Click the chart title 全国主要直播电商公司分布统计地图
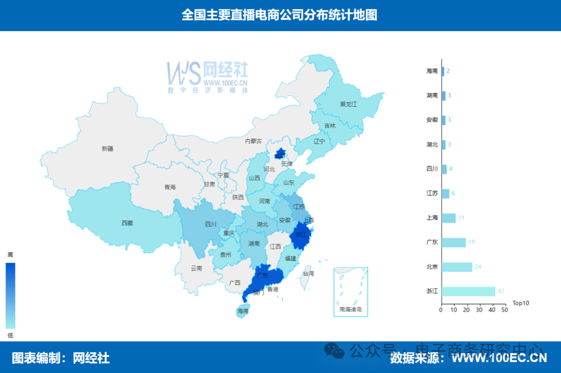pos(280,15)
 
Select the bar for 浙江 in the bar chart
pos(468,291)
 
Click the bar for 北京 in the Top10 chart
pos(457,267)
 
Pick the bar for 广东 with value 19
pos(453,242)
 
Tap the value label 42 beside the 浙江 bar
pos(501,291)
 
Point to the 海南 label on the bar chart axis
pos(431,71)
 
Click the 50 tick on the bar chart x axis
pos(504,310)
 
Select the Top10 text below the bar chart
pos(521,302)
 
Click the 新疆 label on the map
pos(107,149)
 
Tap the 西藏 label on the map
pos(127,223)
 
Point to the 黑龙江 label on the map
pos(349,104)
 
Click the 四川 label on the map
pos(211,225)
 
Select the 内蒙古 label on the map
pos(253,141)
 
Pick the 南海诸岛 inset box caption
pos(350,310)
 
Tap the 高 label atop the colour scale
pos(10,254)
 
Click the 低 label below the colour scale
pos(10,335)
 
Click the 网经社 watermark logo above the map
pos(207,76)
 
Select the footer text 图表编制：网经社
pos(61,357)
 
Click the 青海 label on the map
pos(170,187)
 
